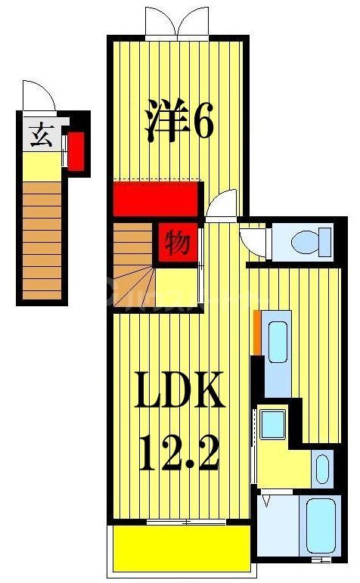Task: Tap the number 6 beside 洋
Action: (x=202, y=122)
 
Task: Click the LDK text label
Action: (x=180, y=390)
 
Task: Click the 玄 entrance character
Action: (x=40, y=136)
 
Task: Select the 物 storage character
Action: (x=178, y=243)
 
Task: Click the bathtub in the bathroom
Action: (x=321, y=525)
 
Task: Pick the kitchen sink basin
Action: (x=278, y=339)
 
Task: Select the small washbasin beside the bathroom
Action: (x=322, y=467)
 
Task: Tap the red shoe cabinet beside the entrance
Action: (x=76, y=151)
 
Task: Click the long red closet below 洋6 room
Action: (x=156, y=198)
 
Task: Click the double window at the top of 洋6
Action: (x=177, y=24)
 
